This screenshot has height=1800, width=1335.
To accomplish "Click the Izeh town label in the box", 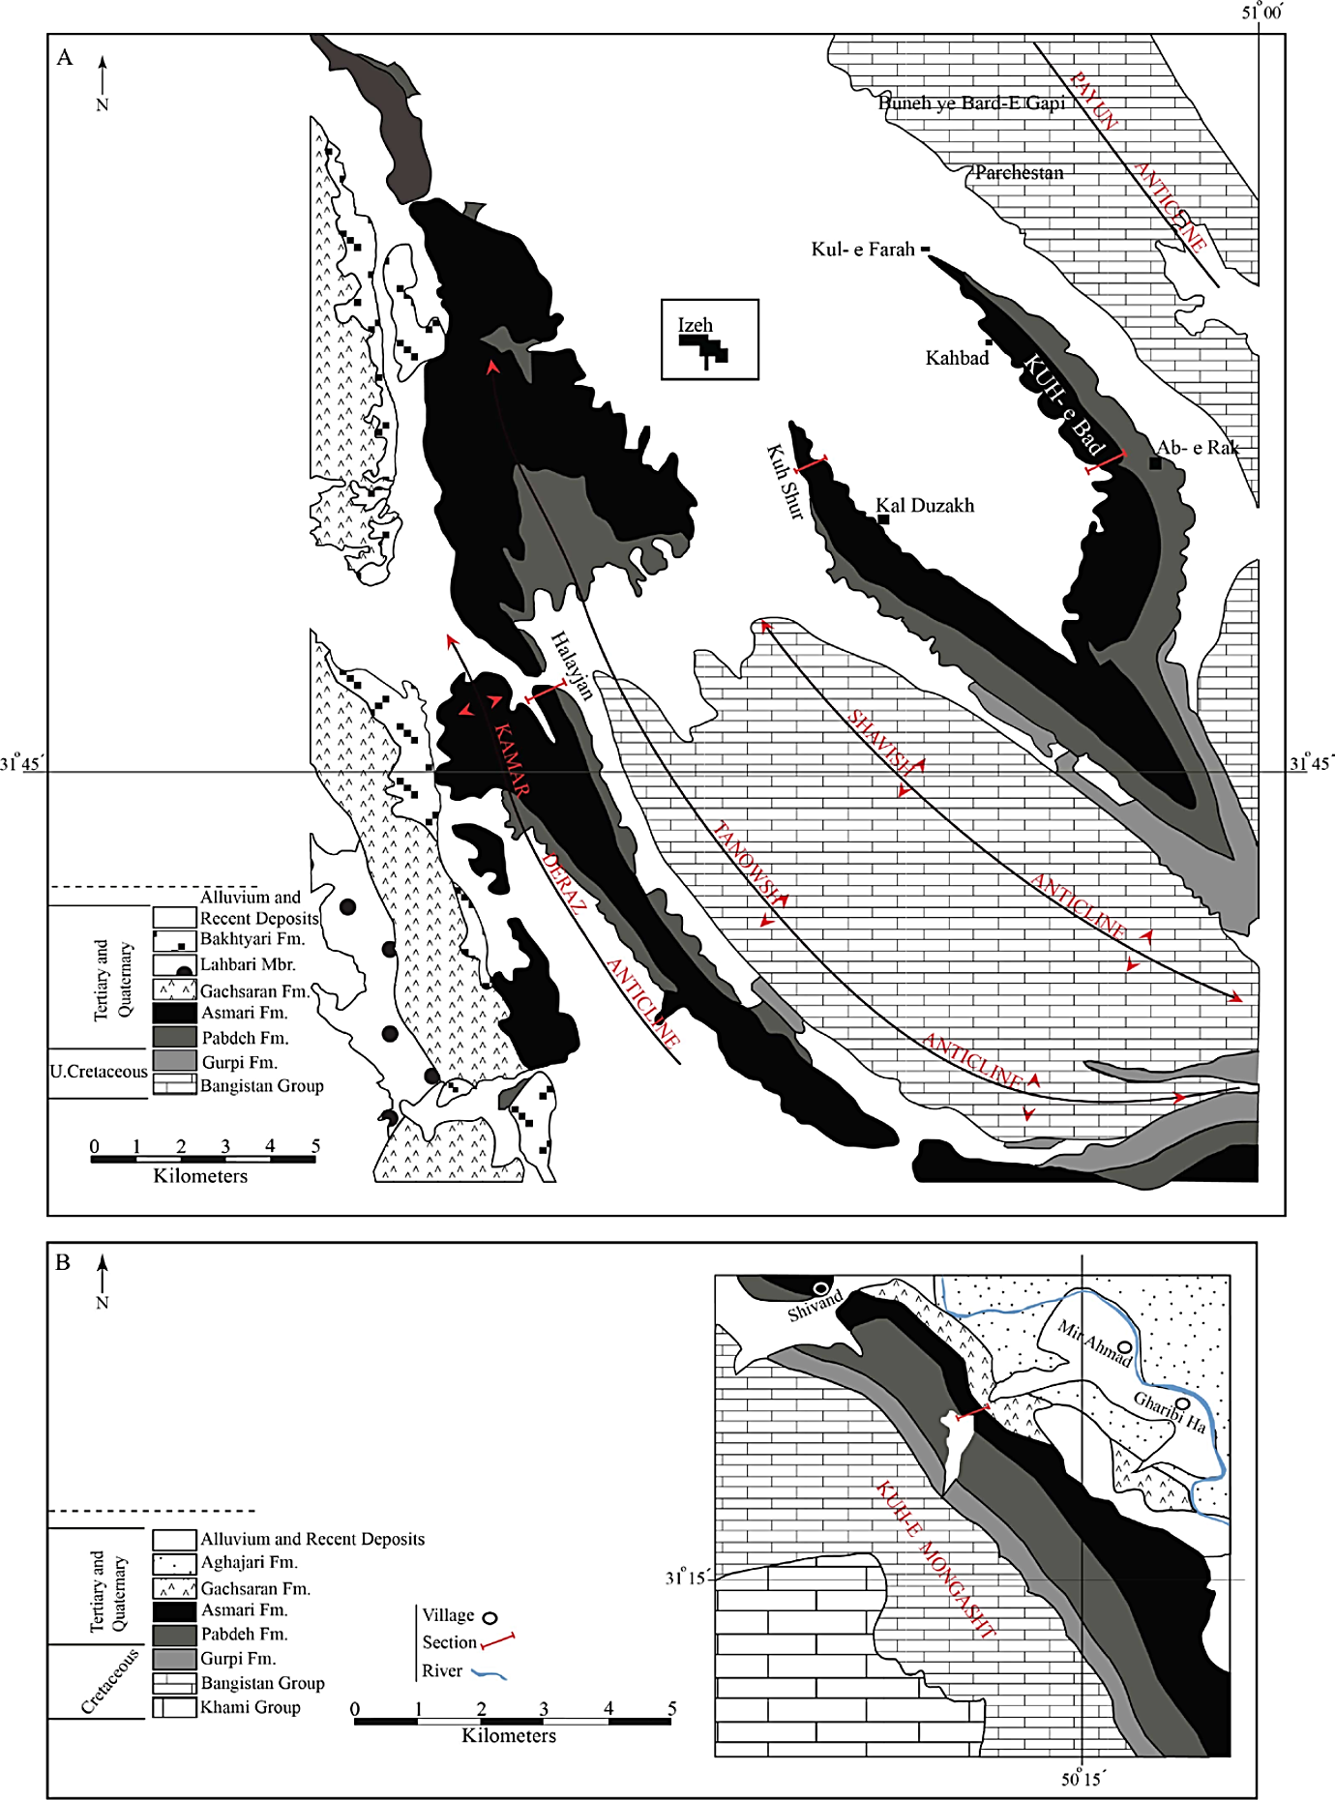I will tap(695, 326).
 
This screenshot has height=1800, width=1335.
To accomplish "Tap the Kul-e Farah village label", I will tap(863, 250).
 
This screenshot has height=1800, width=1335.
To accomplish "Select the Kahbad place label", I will tap(957, 359).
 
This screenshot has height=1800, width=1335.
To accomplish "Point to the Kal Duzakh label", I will tap(925, 506).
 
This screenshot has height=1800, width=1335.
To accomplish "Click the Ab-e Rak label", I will tap(1198, 448).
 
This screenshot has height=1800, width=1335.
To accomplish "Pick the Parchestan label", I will tap(1019, 173).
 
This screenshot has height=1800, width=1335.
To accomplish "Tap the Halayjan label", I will tap(571, 665).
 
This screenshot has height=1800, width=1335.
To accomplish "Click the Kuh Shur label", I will tap(786, 482).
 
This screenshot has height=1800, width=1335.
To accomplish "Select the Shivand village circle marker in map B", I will tap(821, 1288).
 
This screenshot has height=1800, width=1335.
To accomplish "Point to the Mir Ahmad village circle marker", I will tap(1124, 1347).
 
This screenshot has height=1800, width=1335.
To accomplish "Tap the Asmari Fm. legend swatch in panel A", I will tap(174, 1013).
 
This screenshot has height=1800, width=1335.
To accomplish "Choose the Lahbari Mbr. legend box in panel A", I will tap(174, 964).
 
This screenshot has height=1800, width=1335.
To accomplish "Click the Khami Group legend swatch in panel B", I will tap(174, 1707).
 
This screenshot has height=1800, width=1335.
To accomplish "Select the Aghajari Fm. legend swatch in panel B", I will tap(174, 1562).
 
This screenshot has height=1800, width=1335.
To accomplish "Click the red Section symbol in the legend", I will tap(497, 1641).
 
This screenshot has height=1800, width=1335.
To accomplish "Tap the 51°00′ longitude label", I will tap(1261, 13).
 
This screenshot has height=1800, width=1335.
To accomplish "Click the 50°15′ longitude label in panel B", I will tap(1083, 1778).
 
